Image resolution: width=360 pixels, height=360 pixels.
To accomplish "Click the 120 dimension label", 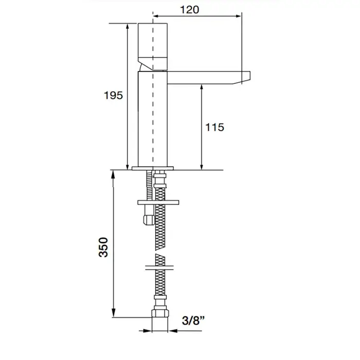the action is (x=189, y=10).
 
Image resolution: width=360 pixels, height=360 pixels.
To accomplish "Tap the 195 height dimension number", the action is (x=114, y=95).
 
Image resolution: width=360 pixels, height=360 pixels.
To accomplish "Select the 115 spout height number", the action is (x=214, y=127).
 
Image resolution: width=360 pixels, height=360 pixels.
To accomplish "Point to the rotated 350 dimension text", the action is (x=103, y=247).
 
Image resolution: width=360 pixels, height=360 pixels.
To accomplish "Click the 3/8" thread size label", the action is (x=193, y=320).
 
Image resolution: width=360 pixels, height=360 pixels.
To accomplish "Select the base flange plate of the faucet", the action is (x=153, y=168).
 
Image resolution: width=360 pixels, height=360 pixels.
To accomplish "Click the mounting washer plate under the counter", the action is (x=158, y=203).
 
